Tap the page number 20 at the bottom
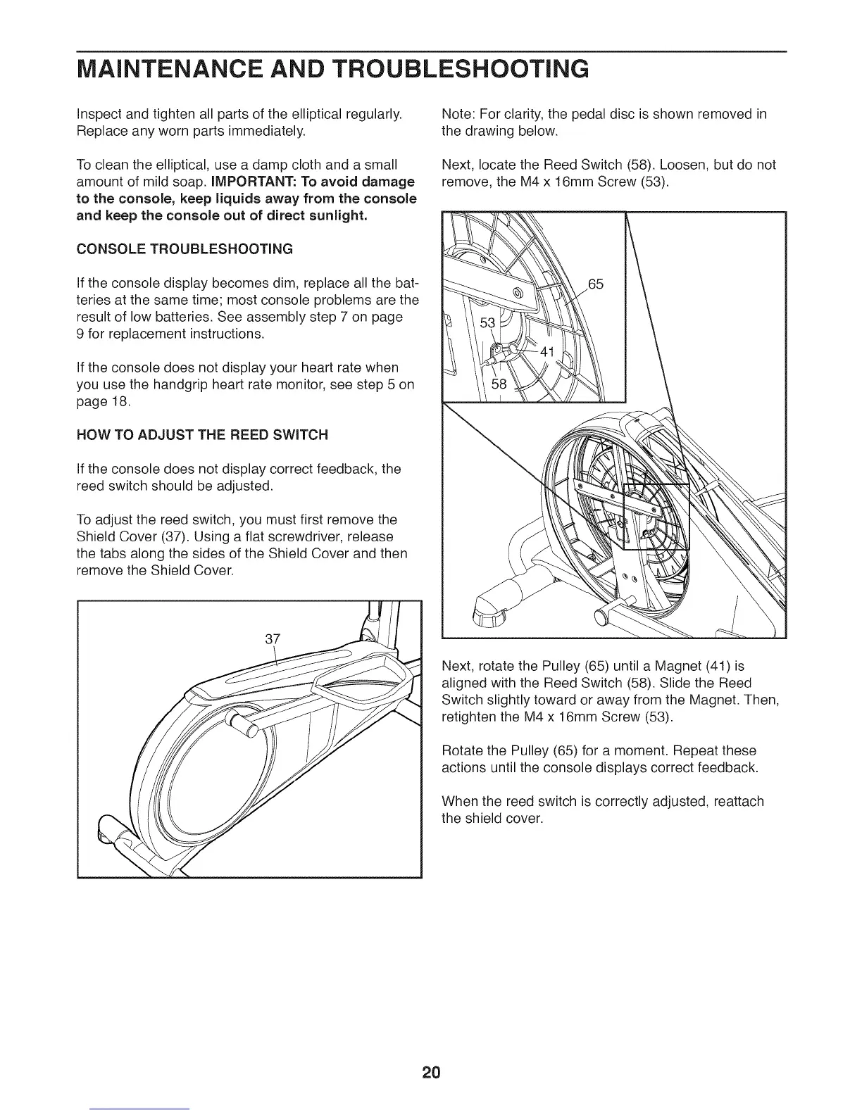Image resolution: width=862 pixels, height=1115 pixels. (x=431, y=1073)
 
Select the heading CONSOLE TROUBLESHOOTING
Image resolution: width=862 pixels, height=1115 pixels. (x=184, y=249)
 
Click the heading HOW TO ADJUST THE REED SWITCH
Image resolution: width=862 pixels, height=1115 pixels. (x=202, y=435)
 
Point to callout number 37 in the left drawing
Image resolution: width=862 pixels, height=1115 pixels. (x=273, y=638)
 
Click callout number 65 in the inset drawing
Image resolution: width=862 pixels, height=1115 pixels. (x=596, y=284)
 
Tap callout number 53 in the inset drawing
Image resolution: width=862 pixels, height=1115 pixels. (x=488, y=322)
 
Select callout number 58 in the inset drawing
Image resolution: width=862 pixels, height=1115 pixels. (x=499, y=384)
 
